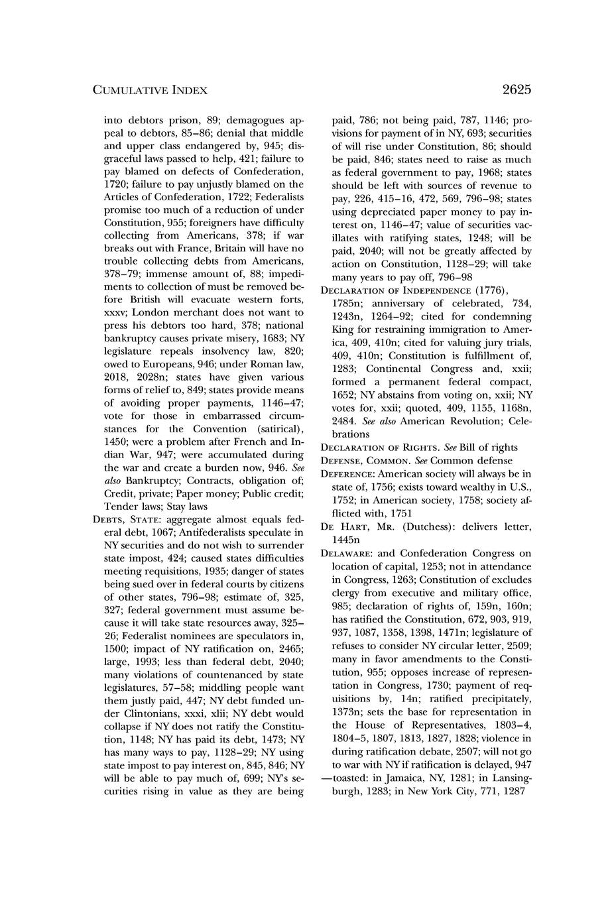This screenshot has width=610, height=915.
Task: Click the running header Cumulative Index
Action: tap(150, 90)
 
